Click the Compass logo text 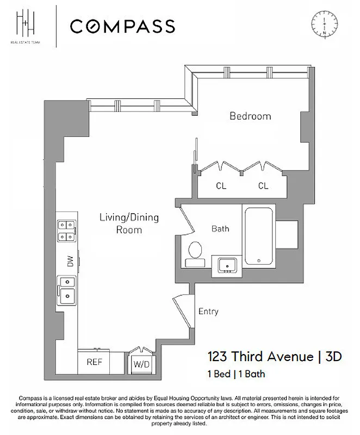122,26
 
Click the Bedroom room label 250,116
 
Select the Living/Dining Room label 128,223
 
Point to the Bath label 220,229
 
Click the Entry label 208,312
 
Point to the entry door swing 183,307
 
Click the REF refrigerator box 94,361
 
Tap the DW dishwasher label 70,262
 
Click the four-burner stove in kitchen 67,230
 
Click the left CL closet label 221,186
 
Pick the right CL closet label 263,186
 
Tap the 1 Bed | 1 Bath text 235,374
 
